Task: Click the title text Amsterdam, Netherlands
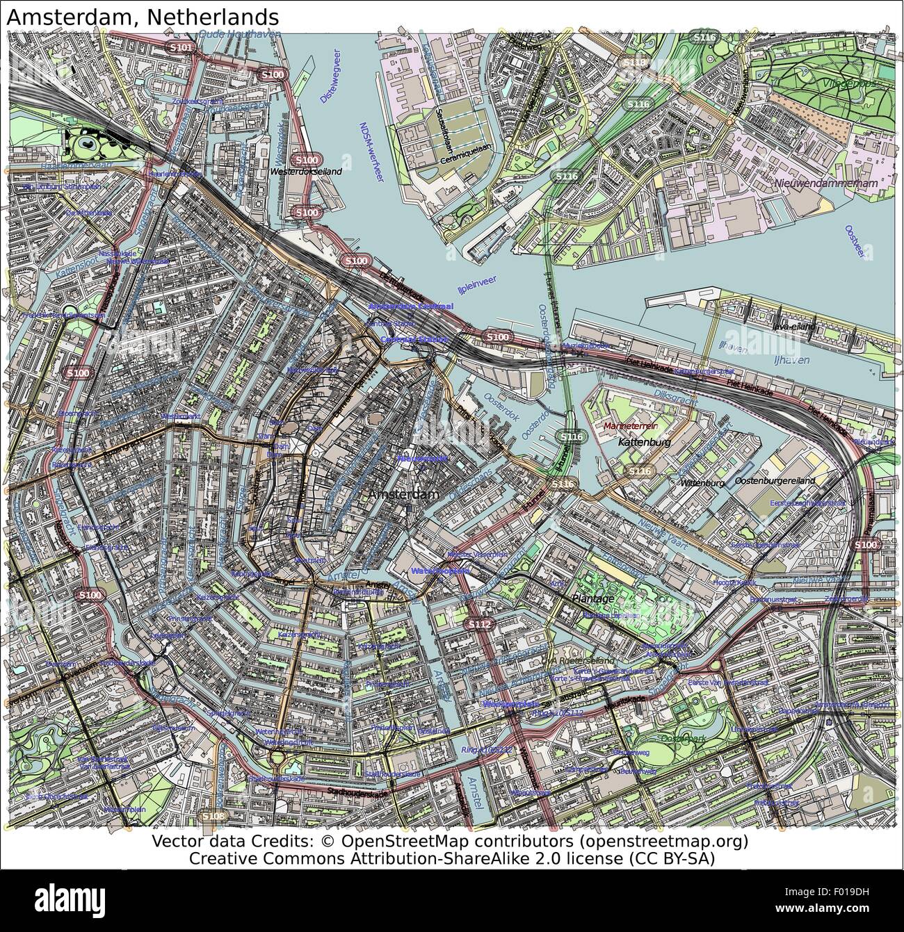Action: click(143, 16)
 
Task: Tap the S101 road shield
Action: click(181, 47)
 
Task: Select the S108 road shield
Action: click(212, 815)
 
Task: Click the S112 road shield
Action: click(479, 625)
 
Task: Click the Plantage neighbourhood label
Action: click(592, 598)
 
